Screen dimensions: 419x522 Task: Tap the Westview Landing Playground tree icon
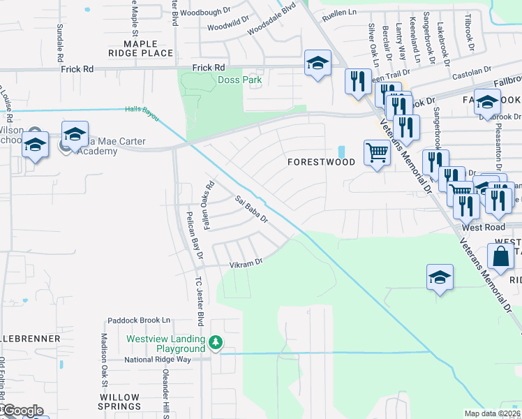pyautogui.click(x=216, y=342)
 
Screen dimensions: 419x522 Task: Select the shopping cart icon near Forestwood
pyautogui.click(x=377, y=152)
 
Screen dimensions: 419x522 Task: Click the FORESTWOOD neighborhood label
pyautogui.click(x=322, y=162)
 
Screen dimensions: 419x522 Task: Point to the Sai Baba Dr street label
pyautogui.click(x=251, y=209)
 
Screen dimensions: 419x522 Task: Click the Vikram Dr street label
pyautogui.click(x=246, y=263)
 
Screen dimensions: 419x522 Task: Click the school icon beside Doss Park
pyautogui.click(x=318, y=64)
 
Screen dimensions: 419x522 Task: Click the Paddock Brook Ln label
pyautogui.click(x=139, y=321)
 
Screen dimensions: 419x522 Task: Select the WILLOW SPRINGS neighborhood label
pyautogui.click(x=119, y=402)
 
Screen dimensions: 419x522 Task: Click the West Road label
pyautogui.click(x=482, y=228)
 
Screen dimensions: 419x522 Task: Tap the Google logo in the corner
pyautogui.click(x=23, y=411)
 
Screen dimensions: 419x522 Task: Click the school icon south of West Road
pyautogui.click(x=440, y=277)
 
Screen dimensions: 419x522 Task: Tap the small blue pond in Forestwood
pyautogui.click(x=341, y=152)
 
